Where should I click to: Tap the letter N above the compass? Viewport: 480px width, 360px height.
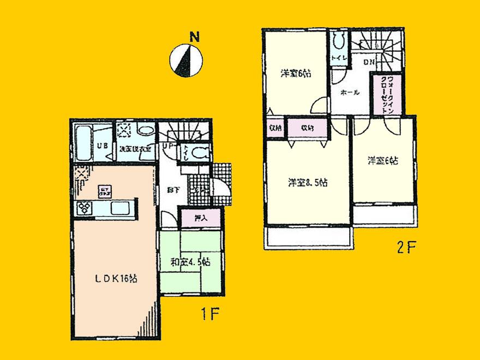(194, 38)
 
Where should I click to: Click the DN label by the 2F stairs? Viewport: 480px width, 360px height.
(369, 62)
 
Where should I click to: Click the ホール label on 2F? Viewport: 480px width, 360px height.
(349, 92)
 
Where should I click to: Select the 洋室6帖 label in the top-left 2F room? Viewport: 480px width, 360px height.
(296, 75)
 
